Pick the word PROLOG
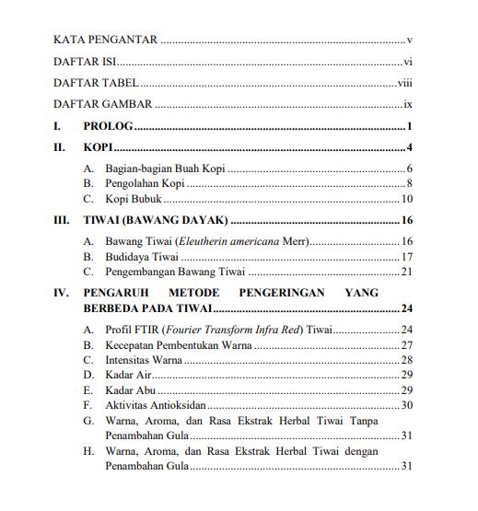coord(108,126)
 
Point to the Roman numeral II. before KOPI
coord(60,147)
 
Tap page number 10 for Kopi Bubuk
coord(406,199)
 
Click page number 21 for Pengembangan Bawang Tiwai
coord(406,272)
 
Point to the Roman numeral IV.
coord(61,293)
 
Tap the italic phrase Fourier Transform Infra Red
coord(240,330)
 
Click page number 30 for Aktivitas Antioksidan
coord(406,404)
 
